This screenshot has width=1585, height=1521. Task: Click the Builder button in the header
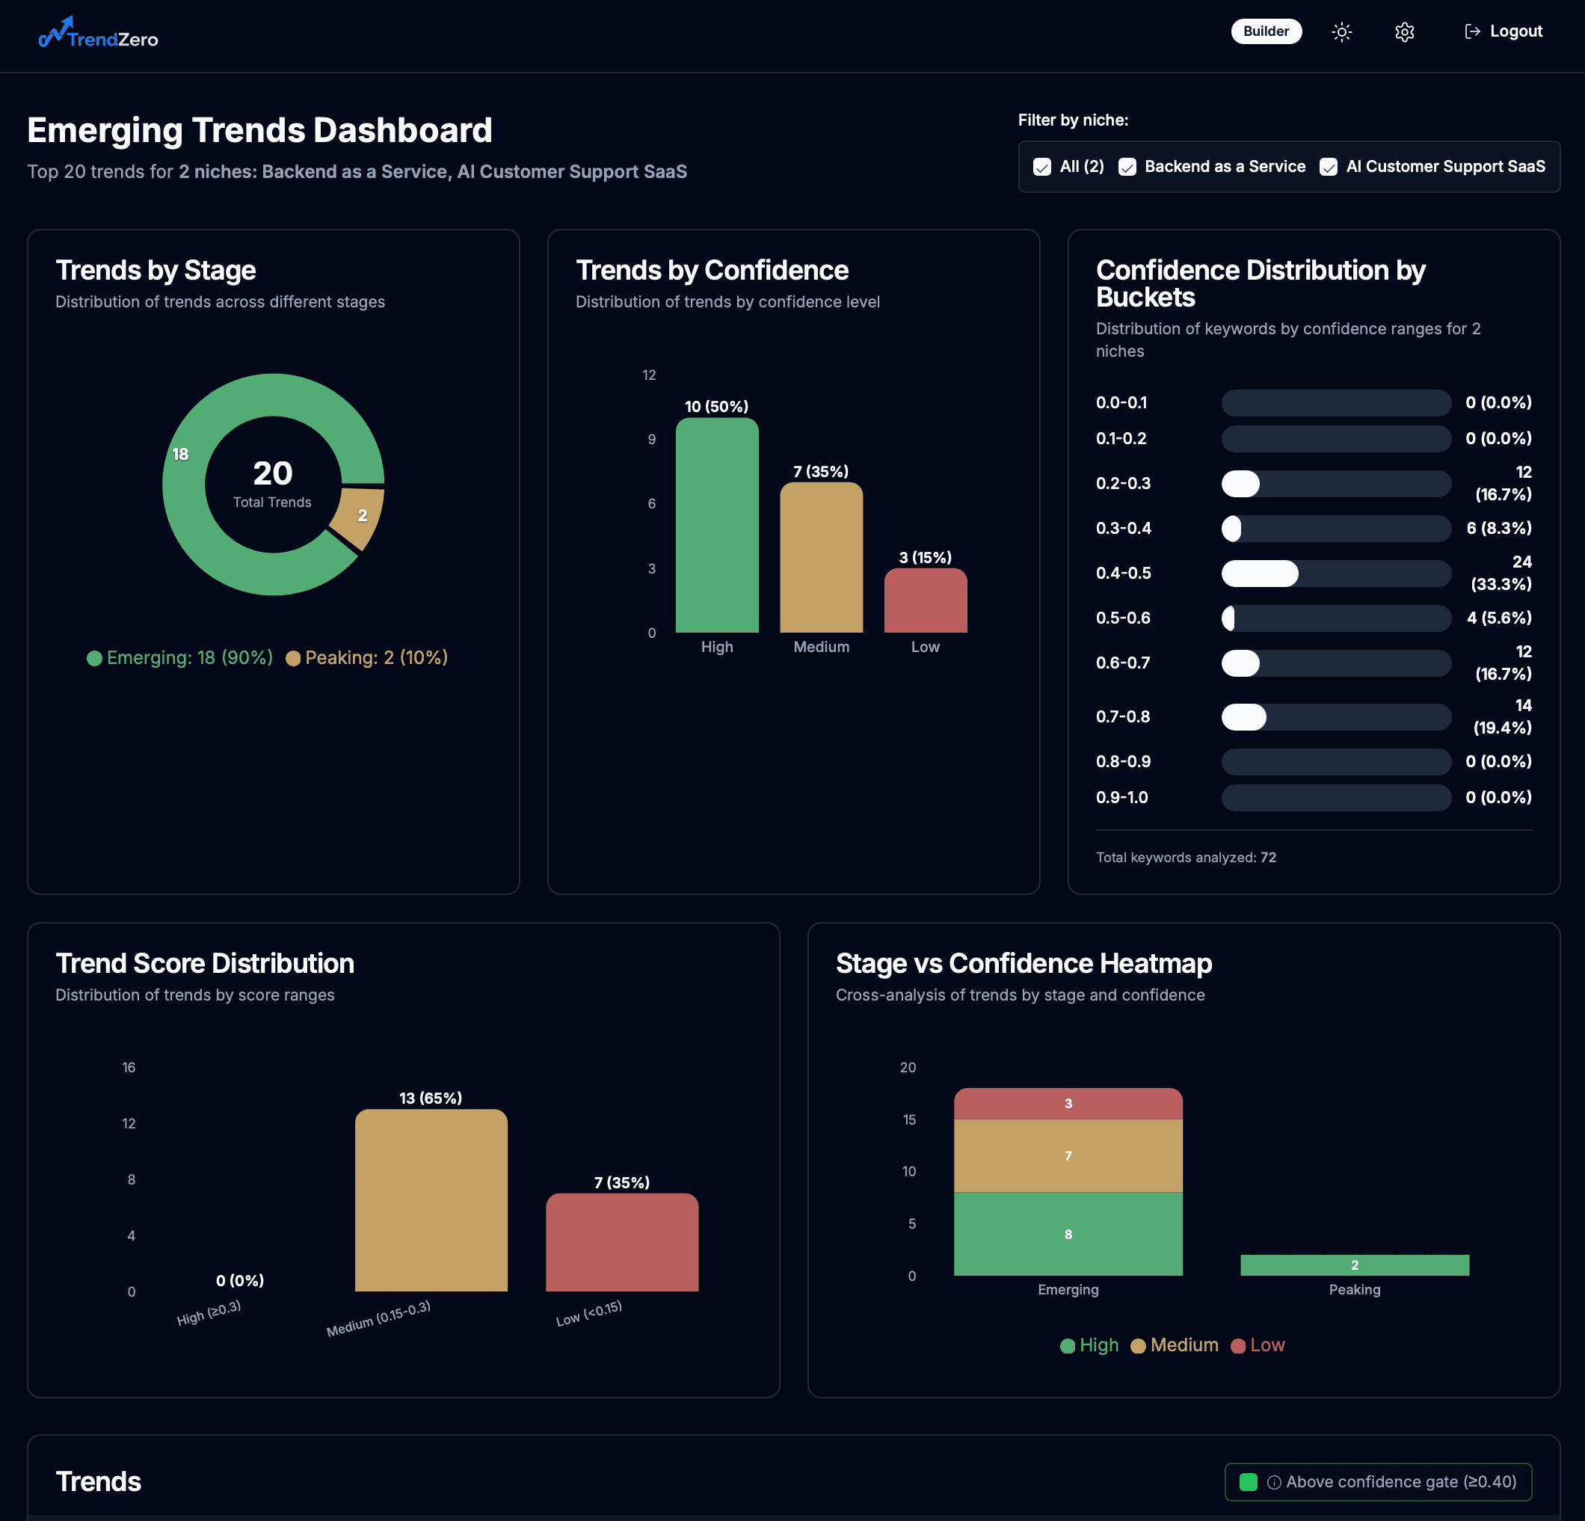(1266, 31)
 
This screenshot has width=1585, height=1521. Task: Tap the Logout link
(1504, 31)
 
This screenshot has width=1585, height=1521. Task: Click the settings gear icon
(1404, 32)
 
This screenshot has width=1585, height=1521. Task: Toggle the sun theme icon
(1341, 32)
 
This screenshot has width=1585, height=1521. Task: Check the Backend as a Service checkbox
(1127, 167)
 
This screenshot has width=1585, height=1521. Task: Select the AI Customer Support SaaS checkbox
(1328, 167)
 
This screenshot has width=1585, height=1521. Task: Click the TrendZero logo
(99, 34)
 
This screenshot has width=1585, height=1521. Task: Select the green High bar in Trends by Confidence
(716, 526)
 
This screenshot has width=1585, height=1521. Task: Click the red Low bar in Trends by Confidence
(925, 600)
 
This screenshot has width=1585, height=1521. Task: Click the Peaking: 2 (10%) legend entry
(367, 658)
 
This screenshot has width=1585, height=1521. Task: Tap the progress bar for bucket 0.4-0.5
(1335, 574)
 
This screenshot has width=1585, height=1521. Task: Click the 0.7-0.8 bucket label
(1122, 717)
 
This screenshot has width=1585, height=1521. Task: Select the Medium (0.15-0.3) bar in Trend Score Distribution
(431, 1201)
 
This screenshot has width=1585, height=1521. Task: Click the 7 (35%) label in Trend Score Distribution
(622, 1183)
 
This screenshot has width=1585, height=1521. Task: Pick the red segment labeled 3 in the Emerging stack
(1068, 1104)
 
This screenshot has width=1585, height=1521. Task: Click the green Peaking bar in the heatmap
(1355, 1265)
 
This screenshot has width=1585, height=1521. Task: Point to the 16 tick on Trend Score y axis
(129, 1068)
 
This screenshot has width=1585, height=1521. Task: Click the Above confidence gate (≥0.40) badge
(1378, 1482)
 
